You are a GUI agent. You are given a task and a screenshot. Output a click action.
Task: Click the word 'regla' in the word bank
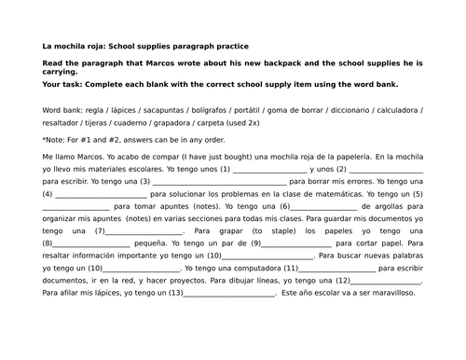coord(98,108)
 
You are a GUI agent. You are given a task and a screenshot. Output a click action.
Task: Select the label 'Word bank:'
coord(62,108)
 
